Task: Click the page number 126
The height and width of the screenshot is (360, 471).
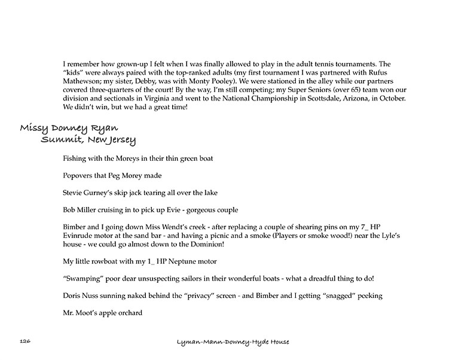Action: tap(25, 341)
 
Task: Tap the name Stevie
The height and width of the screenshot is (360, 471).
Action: tap(74, 193)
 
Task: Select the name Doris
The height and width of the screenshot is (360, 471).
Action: tap(72, 295)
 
